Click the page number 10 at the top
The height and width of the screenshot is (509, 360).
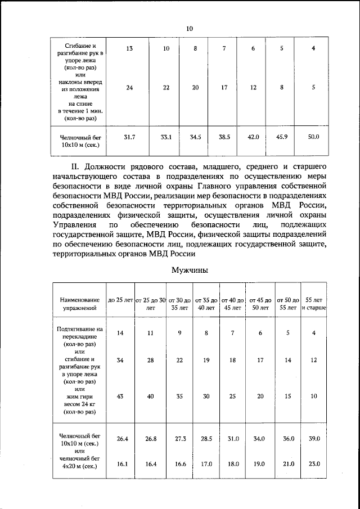[189, 29]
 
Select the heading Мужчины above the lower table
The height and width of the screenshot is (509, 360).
[190, 270]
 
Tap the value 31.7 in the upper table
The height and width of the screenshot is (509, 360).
[129, 137]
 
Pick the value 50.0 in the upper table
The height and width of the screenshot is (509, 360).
[313, 137]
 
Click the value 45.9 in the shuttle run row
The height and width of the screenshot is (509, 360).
[282, 137]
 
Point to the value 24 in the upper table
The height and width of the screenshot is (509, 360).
[129, 87]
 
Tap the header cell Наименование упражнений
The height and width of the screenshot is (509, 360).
[79, 304]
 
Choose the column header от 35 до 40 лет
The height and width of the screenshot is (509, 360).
[206, 304]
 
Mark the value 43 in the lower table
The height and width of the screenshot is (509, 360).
[120, 396]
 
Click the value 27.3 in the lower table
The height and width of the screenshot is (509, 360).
[179, 438]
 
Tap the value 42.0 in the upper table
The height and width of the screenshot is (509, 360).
[253, 137]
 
